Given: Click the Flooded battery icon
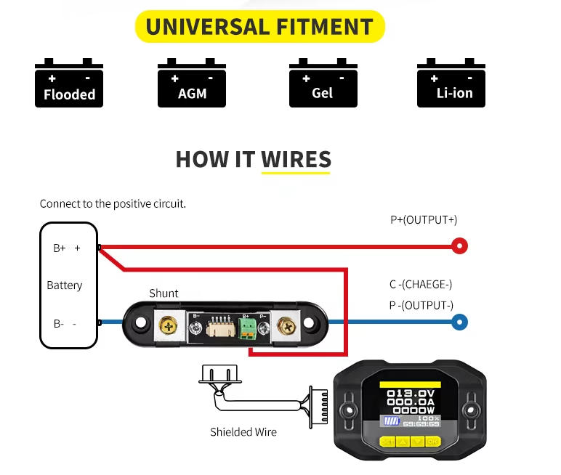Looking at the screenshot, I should coord(69,84).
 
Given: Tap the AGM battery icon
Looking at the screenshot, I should coord(192,84).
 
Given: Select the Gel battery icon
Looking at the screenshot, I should coord(323,84).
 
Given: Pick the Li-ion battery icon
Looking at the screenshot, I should coord(451,84).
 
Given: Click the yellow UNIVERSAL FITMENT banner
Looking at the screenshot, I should coord(259,27).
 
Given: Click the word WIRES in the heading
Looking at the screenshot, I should coord(296,159).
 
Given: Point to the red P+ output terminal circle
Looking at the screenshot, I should coord(459,246).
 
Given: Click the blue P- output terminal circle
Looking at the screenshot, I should coord(459,322).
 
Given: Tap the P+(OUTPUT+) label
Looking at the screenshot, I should coord(424,220).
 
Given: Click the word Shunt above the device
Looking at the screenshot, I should coord(164,293).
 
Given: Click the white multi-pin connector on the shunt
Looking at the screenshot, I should coord(217,329).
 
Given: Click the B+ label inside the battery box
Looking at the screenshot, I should coord(60,248).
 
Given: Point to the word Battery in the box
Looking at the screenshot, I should coord(65,285).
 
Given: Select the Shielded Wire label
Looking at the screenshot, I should coord(243,432).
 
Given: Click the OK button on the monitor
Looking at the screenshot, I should coord(433,441).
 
